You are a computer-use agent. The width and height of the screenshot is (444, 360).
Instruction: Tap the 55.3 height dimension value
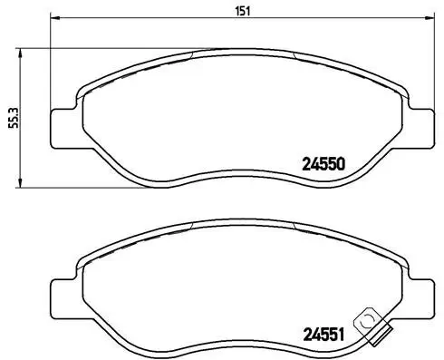12,118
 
